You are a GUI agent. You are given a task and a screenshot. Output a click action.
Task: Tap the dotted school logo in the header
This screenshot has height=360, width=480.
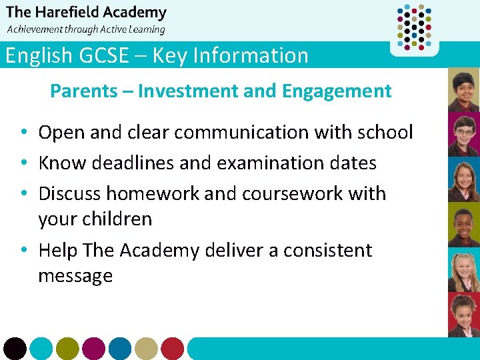414,27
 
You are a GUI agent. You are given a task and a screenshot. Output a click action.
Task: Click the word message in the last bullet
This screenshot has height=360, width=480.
75,275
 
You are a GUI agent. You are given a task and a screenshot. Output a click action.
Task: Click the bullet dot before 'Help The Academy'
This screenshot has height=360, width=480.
23,251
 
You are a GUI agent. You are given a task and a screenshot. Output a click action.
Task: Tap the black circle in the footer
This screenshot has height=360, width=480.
15,348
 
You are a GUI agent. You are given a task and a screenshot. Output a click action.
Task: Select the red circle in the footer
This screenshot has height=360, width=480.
172,348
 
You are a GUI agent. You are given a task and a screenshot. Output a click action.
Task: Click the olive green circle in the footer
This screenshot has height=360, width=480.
67,348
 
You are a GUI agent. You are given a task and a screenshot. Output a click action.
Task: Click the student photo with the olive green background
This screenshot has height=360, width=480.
463,225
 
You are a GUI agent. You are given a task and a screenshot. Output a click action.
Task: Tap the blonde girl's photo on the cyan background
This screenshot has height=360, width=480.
463,271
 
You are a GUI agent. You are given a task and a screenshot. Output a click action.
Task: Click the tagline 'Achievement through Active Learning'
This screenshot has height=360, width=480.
85,29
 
